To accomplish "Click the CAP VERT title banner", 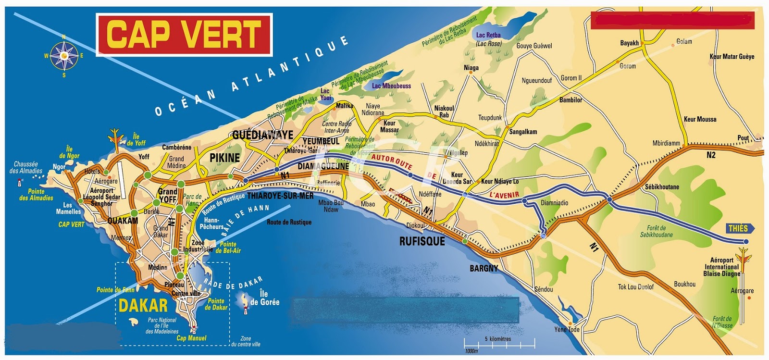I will [x=184, y=35].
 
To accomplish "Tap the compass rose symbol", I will [x=64, y=56].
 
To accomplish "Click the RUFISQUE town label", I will [x=422, y=241].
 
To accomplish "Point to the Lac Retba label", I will [x=488, y=35].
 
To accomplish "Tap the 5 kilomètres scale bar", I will [x=499, y=343].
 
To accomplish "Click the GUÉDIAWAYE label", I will [x=262, y=135].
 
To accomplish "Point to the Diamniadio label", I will [x=554, y=203].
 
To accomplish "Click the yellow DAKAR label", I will [x=143, y=306].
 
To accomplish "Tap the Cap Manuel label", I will [x=191, y=338].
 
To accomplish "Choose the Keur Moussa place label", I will [x=700, y=119].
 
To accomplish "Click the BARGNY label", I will [x=484, y=268].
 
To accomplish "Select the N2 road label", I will [x=711, y=155].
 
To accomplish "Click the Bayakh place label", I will [x=629, y=43].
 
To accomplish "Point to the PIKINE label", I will [x=224, y=158].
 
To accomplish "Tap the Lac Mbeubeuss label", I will [x=391, y=86].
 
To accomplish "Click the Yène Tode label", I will [x=567, y=330].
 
